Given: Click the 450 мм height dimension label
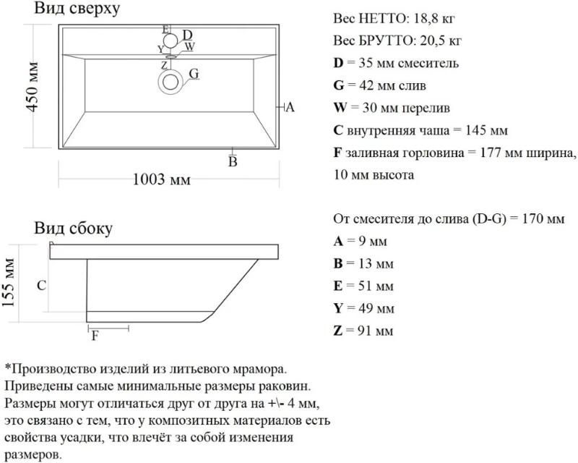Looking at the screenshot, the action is pos(32,87).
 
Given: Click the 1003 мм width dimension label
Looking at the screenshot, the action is pos(161,179).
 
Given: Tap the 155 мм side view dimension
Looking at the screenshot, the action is pos(8,283).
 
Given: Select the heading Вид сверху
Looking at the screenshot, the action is pos(77,8).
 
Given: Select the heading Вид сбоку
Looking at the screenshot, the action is pos(74,228).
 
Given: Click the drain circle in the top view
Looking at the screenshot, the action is pos(171,82).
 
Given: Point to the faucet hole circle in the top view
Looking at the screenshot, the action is pos(171,41).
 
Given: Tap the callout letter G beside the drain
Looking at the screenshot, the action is pos(194,74).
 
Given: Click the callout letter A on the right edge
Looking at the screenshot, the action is pos(290,107).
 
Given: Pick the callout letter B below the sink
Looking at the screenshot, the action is pos(233,162).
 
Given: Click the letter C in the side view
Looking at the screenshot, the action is pos(42,286).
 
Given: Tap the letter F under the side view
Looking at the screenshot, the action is pos(95,336).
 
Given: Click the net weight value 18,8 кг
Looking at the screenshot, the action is pos(434,19).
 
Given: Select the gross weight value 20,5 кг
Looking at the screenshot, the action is pos(441,41).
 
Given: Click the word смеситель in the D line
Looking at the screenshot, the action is pos(428,64).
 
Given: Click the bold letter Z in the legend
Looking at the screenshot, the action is pos(338,331).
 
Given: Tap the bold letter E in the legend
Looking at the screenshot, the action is pos(338,286).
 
